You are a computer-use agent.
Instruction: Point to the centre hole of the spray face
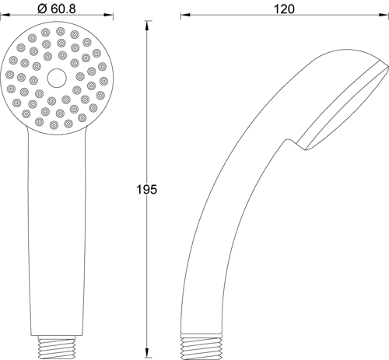pos(56,78)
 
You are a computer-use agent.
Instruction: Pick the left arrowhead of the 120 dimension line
pos(184,16)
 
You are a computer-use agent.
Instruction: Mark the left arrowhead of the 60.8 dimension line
pos(5,16)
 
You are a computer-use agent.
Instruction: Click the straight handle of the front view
pos(56,233)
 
